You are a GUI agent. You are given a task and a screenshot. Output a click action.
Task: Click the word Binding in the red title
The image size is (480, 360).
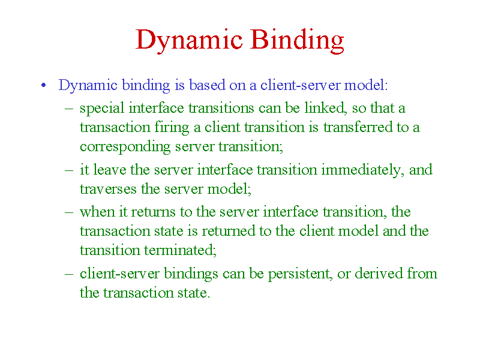click(x=297, y=41)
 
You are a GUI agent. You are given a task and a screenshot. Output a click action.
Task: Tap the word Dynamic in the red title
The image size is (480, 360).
click(x=189, y=41)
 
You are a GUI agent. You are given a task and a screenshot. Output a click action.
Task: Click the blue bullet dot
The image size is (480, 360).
click(x=43, y=85)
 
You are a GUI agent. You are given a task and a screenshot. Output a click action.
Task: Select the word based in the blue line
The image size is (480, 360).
click(x=207, y=85)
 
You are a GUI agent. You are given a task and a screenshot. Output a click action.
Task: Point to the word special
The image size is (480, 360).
click(x=102, y=109)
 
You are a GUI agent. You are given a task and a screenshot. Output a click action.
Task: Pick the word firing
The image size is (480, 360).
click(x=172, y=128)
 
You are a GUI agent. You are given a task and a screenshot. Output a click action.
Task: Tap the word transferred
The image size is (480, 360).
click(x=358, y=127)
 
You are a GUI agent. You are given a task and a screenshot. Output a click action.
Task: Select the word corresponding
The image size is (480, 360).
click(x=125, y=147)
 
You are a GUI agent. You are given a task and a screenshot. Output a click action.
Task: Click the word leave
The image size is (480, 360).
click(x=110, y=170)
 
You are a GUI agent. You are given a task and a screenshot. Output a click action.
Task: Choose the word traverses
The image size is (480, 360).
click(x=108, y=190)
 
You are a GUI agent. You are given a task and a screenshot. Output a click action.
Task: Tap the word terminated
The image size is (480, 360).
click(x=181, y=250)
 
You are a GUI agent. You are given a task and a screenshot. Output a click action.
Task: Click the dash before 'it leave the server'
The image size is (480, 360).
click(x=69, y=170)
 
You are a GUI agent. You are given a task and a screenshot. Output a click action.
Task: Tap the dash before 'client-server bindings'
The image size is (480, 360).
click(x=69, y=274)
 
